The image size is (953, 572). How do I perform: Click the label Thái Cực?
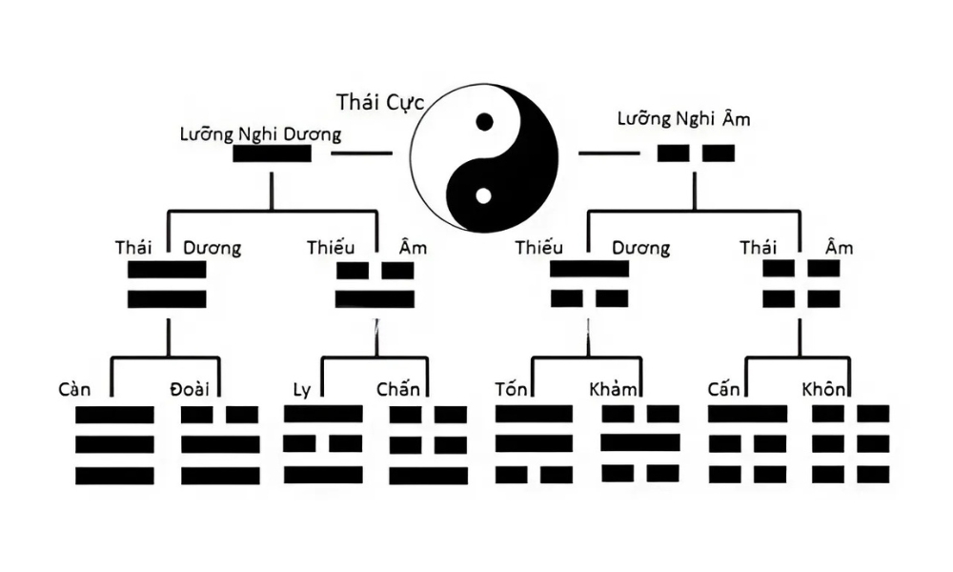[380, 103]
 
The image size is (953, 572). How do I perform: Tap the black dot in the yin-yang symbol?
[484, 122]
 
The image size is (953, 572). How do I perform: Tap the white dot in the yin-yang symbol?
[483, 196]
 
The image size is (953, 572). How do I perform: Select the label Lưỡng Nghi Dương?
[260, 133]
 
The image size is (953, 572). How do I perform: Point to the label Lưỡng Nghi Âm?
[683, 118]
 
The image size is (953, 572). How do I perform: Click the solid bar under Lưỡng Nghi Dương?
[272, 153]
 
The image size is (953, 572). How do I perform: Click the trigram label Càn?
[74, 389]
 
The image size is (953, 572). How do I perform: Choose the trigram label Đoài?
[190, 389]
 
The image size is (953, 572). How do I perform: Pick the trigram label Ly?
[301, 390]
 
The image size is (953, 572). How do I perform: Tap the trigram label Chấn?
[398, 388]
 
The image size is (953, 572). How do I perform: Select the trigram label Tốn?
[511, 388]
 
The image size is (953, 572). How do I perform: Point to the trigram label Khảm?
[613, 389]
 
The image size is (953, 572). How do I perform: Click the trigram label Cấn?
[723, 388]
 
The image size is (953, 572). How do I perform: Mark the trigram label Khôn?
[823, 389]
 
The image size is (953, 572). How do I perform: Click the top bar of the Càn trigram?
[114, 415]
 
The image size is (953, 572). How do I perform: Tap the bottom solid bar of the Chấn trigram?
[429, 476]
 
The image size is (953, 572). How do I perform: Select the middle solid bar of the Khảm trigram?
[640, 442]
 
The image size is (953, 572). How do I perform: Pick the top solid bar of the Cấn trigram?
[747, 414]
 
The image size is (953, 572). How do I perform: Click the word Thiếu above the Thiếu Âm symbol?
[331, 248]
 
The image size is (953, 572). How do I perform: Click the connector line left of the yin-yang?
[361, 153]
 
